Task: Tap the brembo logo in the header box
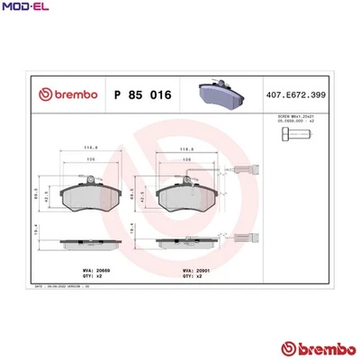coord(59,93)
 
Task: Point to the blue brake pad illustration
coord(219,91)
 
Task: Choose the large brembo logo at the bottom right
coord(314,347)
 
